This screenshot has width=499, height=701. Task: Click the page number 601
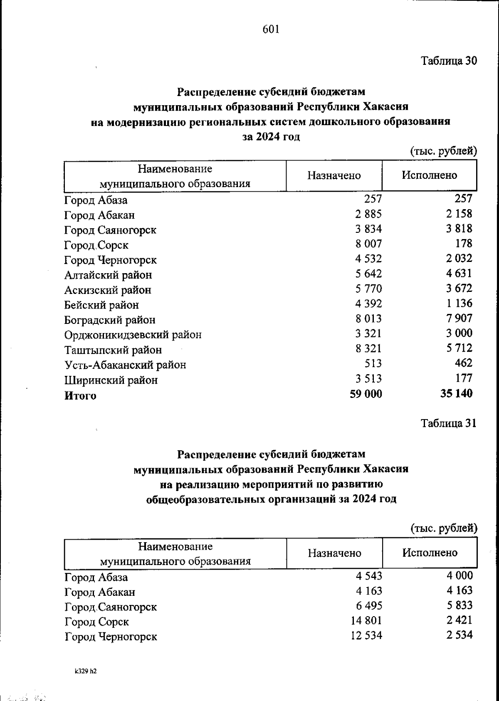[271, 29]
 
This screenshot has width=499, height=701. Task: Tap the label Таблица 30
[449, 61]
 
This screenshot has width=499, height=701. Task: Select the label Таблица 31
[448, 423]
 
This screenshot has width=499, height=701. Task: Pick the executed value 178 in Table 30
[463, 244]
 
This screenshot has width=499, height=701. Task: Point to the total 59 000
[366, 394]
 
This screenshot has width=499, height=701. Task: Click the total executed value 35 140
[456, 393]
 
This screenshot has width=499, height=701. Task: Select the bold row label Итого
[80, 395]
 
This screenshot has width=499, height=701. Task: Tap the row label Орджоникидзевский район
[133, 335]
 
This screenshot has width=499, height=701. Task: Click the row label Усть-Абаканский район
[125, 365]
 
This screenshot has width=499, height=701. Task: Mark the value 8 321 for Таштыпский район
[368, 348]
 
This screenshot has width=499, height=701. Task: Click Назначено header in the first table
[334, 175]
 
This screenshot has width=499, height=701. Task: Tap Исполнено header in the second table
[430, 553]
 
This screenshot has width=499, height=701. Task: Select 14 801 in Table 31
[366, 621]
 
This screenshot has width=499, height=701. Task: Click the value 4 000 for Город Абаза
[459, 576]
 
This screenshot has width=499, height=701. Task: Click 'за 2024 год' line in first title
[271, 137]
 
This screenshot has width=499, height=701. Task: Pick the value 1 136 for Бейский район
[459, 304]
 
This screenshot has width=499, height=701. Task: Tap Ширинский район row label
[111, 380]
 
